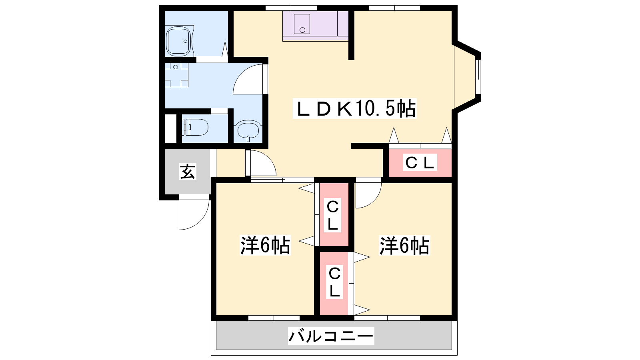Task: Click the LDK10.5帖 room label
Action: (354, 108)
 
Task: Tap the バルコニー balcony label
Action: (331, 336)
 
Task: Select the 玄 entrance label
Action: (188, 172)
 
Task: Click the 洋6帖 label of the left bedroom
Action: (265, 245)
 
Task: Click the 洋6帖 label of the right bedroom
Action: (404, 245)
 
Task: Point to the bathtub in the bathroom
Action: (179, 41)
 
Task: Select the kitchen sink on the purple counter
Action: (302, 24)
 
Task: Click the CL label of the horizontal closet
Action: (420, 162)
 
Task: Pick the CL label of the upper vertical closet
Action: (332, 216)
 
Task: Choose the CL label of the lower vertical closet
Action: (334, 282)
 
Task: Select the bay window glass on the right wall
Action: (478, 76)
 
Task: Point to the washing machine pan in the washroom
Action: (176, 75)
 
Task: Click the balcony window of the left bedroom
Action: (274, 318)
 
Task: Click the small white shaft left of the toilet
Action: (170, 128)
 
